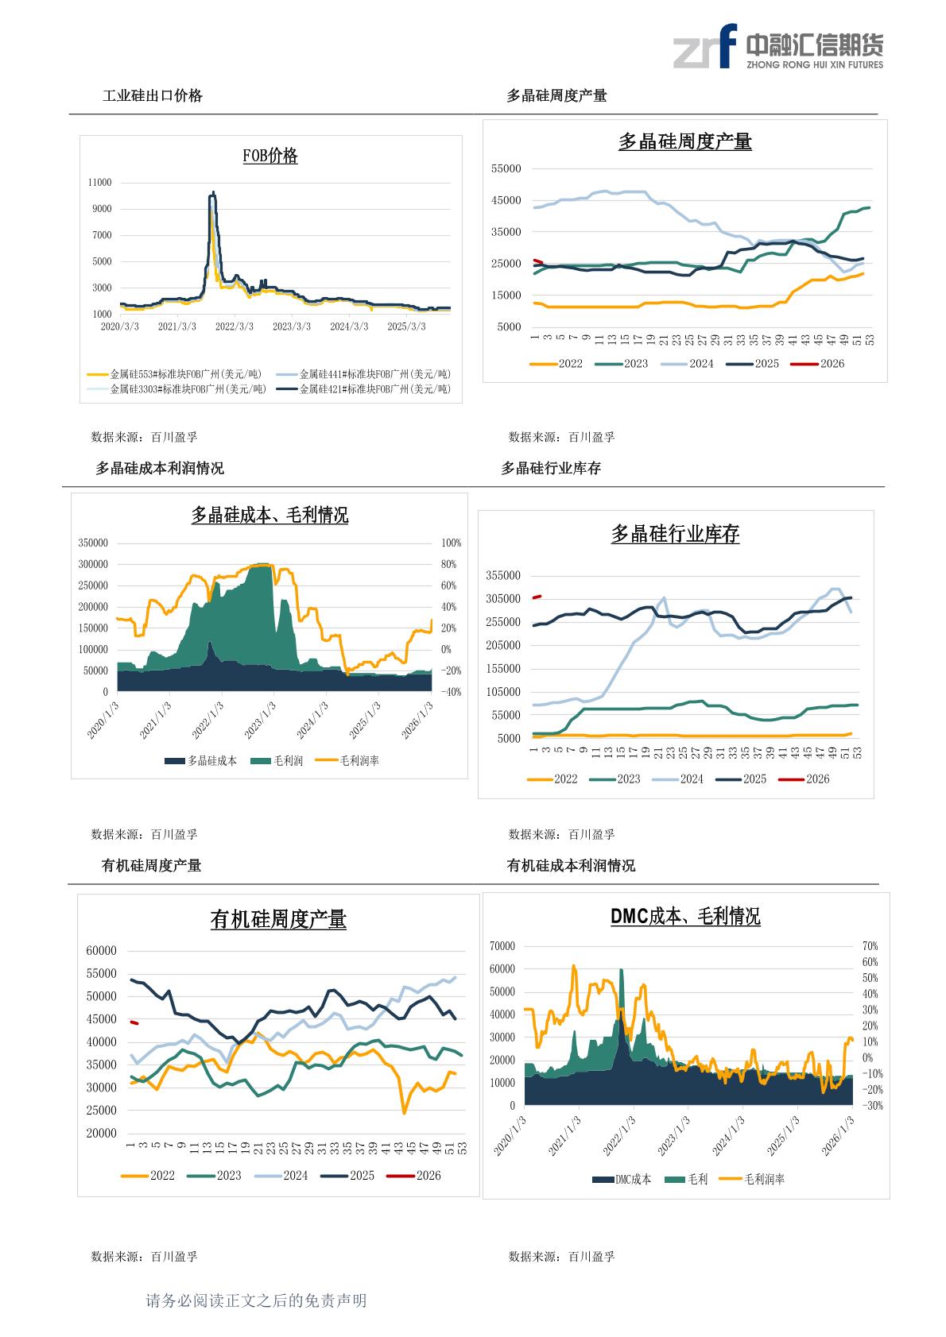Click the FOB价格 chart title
(x=270, y=156)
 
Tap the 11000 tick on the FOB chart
(x=99, y=183)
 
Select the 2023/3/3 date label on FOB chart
(x=292, y=327)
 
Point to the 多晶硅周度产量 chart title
(x=684, y=142)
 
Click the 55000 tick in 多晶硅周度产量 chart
(x=506, y=169)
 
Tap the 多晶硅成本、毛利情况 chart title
(x=269, y=516)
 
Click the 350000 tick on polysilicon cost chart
(x=93, y=543)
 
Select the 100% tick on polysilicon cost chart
(x=452, y=543)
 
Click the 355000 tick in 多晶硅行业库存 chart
(x=503, y=576)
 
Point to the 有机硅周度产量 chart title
(x=278, y=920)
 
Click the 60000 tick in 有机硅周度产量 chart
(x=101, y=951)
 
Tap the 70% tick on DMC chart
(x=870, y=946)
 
